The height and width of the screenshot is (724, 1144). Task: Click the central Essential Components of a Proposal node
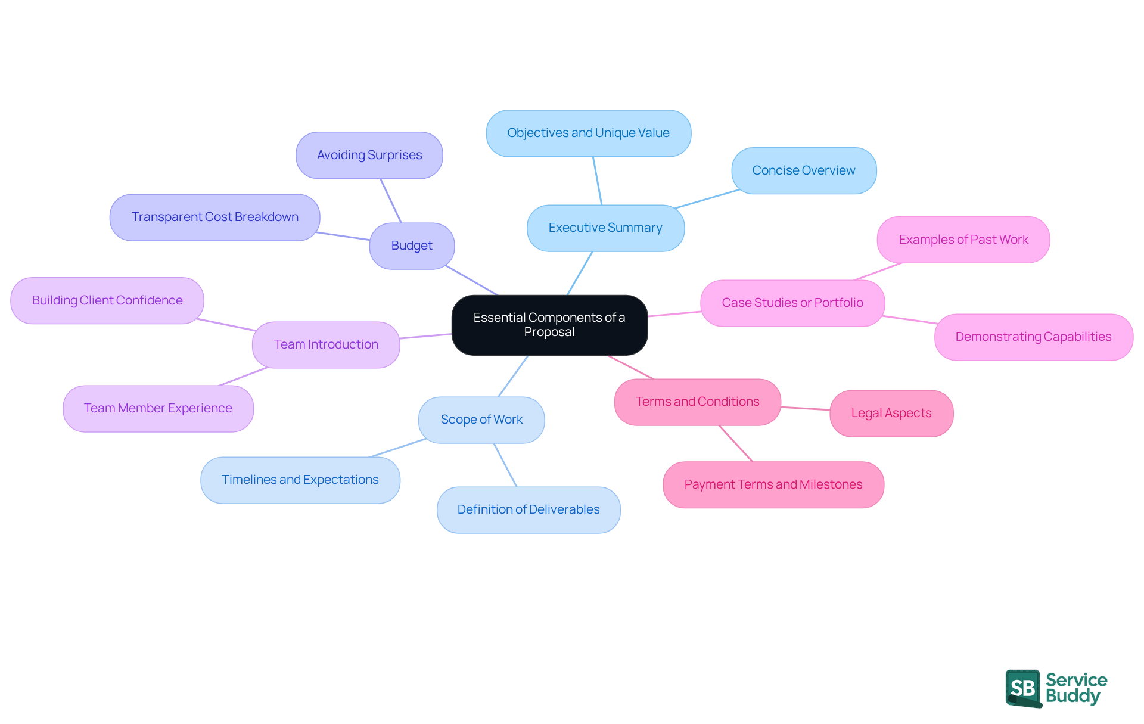pyautogui.click(x=549, y=325)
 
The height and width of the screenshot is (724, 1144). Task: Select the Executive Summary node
pyautogui.click(x=605, y=228)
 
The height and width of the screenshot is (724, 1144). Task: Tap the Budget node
pyautogui.click(x=412, y=246)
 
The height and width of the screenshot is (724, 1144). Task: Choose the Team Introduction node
pyautogui.click(x=326, y=344)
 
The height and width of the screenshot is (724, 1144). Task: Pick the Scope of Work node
pyautogui.click(x=481, y=420)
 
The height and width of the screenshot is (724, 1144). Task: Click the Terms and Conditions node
pyautogui.click(x=697, y=402)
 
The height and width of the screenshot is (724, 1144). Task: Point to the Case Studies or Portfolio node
pyautogui.click(x=792, y=303)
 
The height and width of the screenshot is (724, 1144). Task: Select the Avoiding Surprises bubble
pyautogui.click(x=369, y=155)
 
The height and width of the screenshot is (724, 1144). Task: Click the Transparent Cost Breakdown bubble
pyautogui.click(x=214, y=217)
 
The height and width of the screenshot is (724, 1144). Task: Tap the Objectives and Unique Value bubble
pyautogui.click(x=588, y=133)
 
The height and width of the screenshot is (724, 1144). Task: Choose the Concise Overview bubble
pyautogui.click(x=803, y=170)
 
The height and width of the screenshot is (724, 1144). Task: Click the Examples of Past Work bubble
pyautogui.click(x=963, y=240)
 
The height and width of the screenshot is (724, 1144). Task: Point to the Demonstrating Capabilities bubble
pyautogui.click(x=1033, y=337)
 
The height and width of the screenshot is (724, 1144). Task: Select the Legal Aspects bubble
pyautogui.click(x=891, y=413)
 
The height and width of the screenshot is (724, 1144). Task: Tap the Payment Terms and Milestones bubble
pyautogui.click(x=773, y=484)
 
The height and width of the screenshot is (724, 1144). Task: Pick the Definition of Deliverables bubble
pyautogui.click(x=529, y=509)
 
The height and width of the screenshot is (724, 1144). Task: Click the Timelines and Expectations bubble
pyautogui.click(x=300, y=480)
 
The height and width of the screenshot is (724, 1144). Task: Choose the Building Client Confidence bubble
pyautogui.click(x=107, y=300)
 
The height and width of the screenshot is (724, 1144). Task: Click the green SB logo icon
pyautogui.click(x=1023, y=688)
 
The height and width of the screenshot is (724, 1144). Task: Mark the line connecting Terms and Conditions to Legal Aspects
pyautogui.click(x=805, y=409)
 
